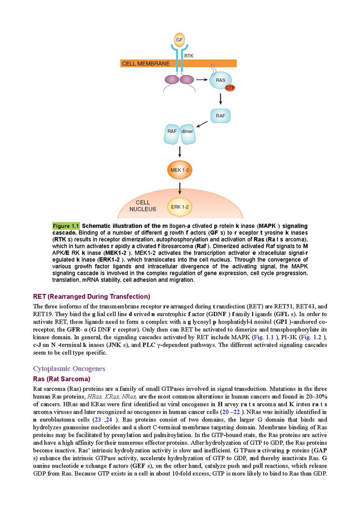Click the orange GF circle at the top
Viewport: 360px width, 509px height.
[179, 39]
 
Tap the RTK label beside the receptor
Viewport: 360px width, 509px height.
[190, 53]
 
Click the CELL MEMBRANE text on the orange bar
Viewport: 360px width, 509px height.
[146, 64]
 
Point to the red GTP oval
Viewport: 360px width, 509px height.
[230, 88]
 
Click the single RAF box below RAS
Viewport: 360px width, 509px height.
[221, 116]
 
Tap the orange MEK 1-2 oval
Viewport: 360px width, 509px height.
[179, 169]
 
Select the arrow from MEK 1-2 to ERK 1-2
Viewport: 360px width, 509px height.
[179, 188]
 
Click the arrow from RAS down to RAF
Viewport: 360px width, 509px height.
[221, 99]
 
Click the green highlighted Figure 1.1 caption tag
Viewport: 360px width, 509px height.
[66, 227]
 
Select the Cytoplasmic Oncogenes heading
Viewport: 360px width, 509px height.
[69, 369]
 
